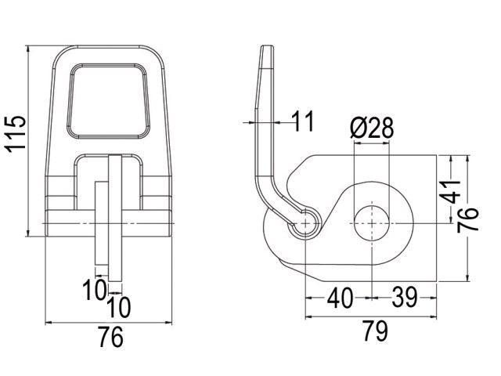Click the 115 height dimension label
pos(15,134)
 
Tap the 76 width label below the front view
pos(110,337)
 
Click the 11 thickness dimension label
pos(303,121)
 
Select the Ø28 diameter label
pos(372,128)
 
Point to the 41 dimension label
pos(450,192)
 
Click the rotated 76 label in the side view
pos(468,220)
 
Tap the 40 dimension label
pos(341,298)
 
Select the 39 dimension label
pos(405,298)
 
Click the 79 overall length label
pos(376,331)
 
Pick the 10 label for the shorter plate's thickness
pos(94,290)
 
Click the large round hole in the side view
pos(372,223)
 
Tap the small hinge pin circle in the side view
pos(305,223)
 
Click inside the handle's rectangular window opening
pos(108,101)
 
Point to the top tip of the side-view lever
pos(268,45)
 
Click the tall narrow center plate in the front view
pos(115,218)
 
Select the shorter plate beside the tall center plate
pos(102,223)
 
